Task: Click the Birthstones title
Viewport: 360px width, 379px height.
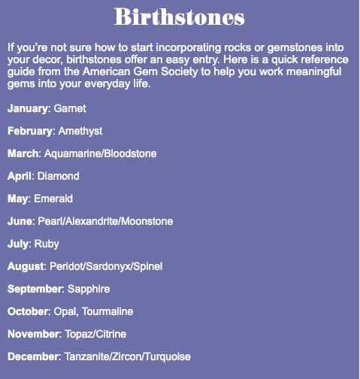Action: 180,17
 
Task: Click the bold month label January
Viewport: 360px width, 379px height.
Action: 27,109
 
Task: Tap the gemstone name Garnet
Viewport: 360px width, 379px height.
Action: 70,108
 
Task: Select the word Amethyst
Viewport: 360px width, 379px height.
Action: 80,132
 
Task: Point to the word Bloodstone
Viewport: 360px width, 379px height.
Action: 130,153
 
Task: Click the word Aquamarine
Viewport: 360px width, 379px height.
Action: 73,154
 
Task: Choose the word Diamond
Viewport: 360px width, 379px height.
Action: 58,176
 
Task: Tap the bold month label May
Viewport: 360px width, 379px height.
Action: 17,199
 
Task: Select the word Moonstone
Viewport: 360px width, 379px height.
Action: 147,221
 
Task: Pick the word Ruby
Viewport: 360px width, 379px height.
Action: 47,244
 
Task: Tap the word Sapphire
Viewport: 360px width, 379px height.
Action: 89,290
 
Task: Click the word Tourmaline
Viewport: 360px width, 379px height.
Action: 107,311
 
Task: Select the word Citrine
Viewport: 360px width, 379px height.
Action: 111,334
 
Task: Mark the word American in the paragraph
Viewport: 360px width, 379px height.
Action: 107,71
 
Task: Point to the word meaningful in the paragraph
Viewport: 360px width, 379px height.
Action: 314,72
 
